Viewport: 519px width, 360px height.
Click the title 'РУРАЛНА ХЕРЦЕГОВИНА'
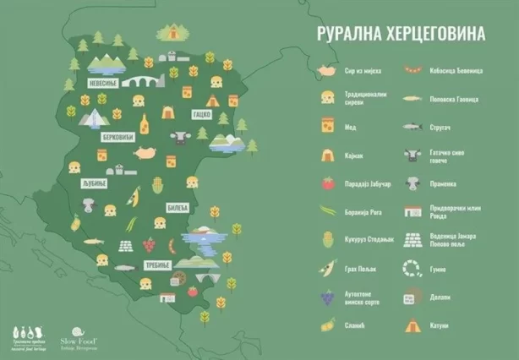[x=401, y=34]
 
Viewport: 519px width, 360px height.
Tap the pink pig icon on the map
[x=146, y=153]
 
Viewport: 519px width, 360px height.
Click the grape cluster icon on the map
[x=150, y=245]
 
